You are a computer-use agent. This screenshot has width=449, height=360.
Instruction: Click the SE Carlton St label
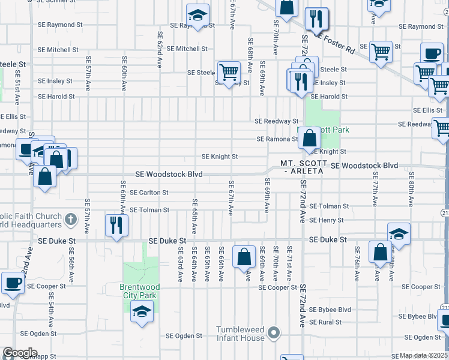click(x=149, y=193)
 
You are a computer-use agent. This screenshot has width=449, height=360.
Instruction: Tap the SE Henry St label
click(x=327, y=220)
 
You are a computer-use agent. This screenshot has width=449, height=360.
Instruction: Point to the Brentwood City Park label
click(x=137, y=291)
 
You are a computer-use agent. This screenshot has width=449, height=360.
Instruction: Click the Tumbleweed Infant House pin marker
click(x=274, y=332)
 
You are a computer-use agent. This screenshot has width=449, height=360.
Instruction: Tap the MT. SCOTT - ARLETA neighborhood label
click(x=303, y=167)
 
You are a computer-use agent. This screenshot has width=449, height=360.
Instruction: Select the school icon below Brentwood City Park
click(x=142, y=311)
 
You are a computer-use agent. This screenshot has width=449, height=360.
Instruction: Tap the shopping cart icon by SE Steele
click(x=229, y=72)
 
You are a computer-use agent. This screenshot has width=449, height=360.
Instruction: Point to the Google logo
click(x=20, y=353)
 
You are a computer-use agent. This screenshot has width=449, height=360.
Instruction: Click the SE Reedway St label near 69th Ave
click(x=276, y=121)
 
